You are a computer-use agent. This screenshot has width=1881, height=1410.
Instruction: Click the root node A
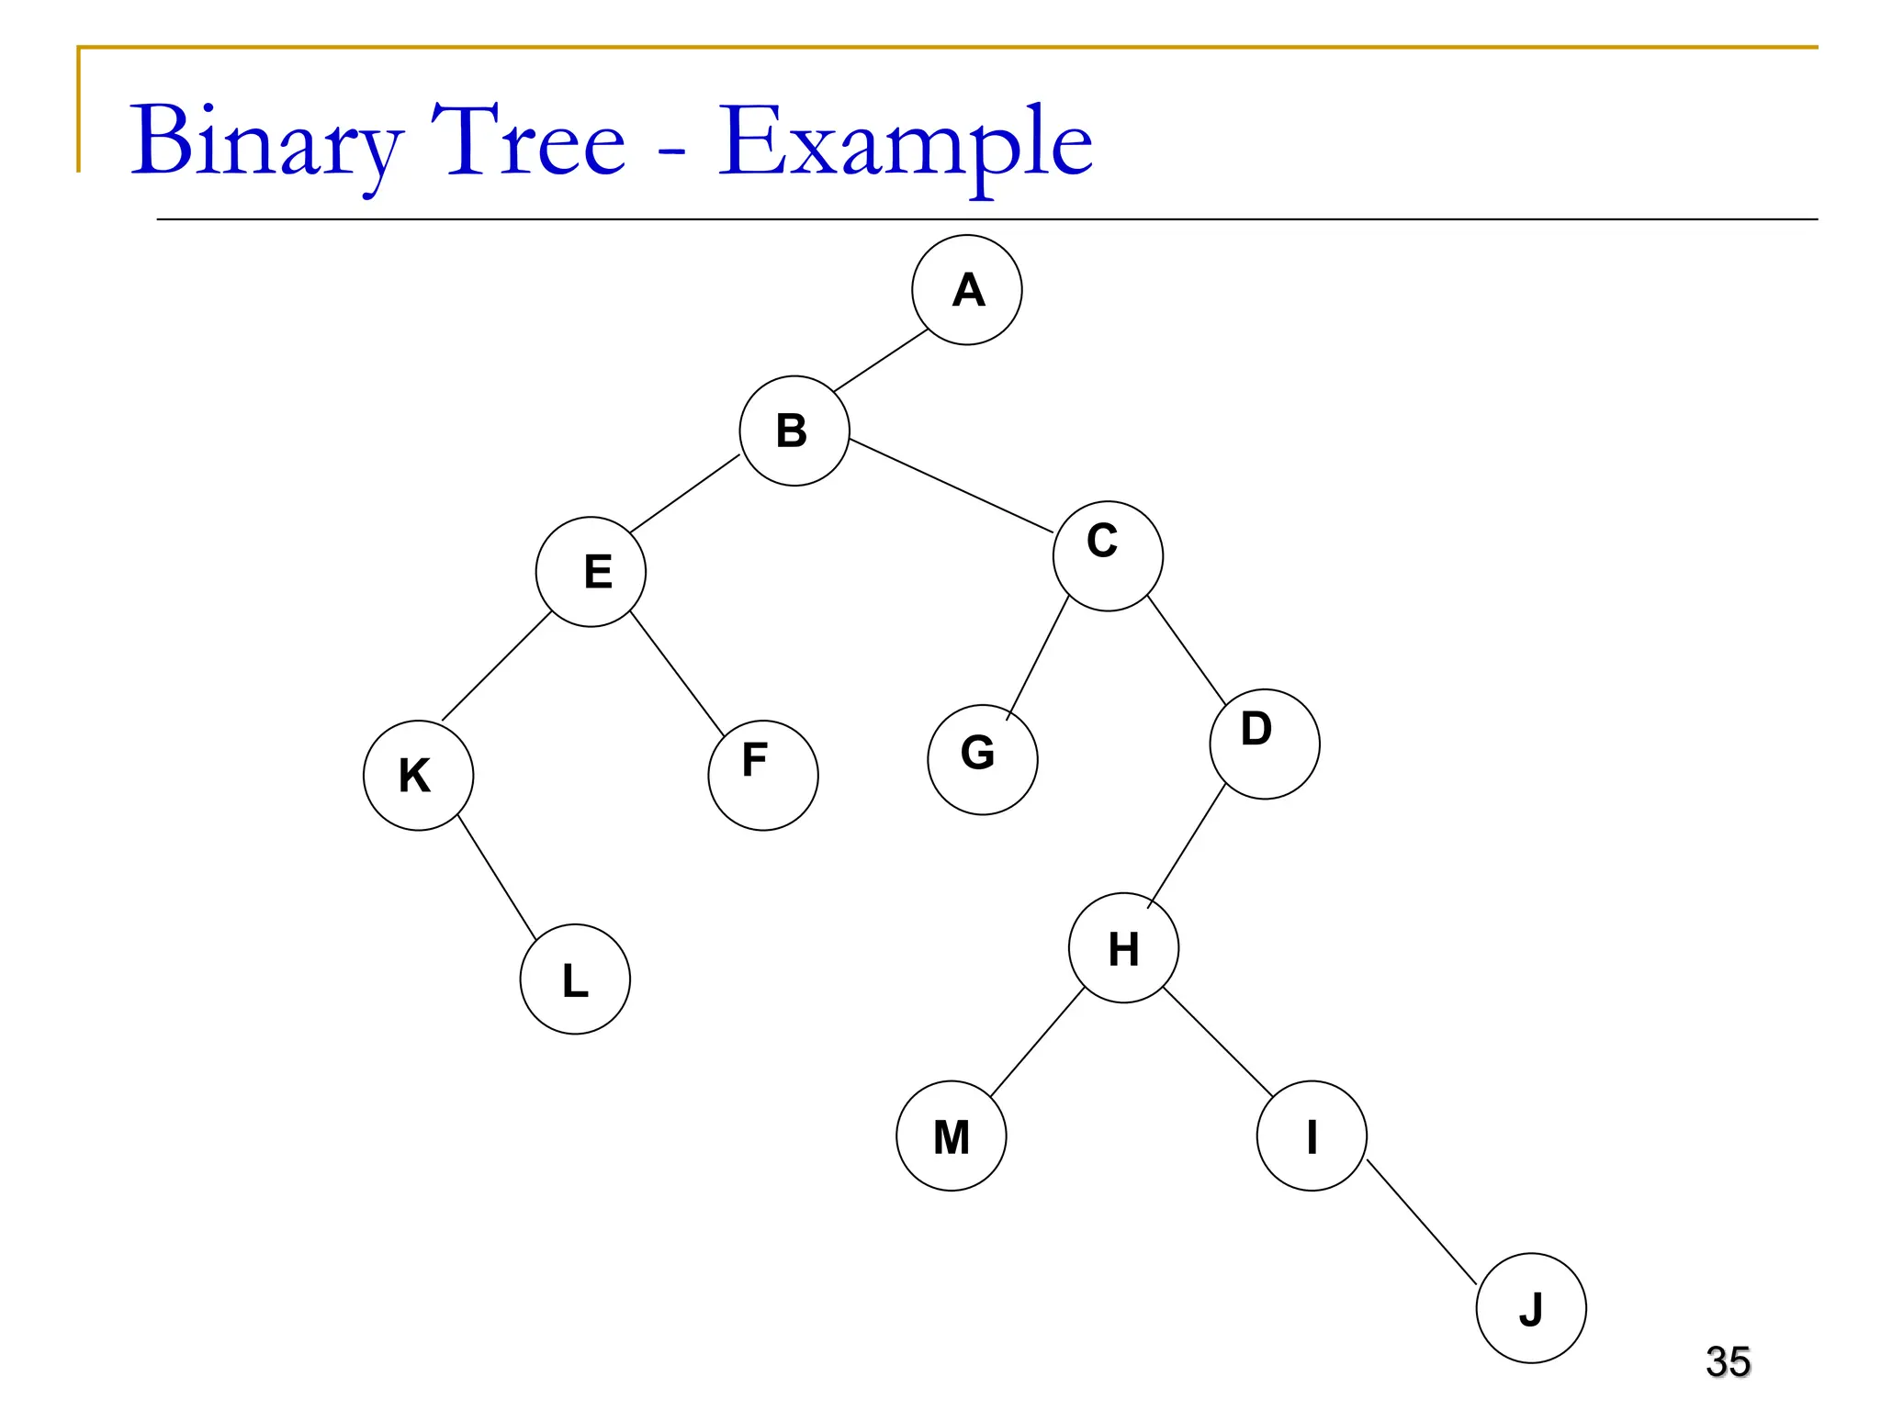966,290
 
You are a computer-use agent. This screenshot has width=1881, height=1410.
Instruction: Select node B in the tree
794,431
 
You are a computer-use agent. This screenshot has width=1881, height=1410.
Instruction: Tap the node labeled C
1108,555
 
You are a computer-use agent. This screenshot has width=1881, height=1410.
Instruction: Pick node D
1265,744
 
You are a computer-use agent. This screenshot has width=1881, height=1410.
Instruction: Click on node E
591,572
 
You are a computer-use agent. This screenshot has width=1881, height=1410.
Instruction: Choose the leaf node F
763,775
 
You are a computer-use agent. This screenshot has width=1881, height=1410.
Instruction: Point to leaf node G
983,759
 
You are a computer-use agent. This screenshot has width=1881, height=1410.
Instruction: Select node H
1123,947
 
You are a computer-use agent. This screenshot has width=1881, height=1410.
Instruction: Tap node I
1312,1136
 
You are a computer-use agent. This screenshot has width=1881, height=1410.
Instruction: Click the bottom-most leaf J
1531,1308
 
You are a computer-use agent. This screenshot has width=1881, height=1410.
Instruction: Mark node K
418,776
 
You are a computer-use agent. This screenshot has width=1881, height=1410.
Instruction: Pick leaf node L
575,979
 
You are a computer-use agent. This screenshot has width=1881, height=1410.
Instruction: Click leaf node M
952,1136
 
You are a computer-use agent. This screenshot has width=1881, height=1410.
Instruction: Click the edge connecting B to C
951,486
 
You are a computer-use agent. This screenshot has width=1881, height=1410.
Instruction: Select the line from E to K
497,666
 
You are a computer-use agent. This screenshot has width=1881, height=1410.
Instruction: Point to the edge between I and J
1422,1222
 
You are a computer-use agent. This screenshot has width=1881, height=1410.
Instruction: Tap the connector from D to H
1187,845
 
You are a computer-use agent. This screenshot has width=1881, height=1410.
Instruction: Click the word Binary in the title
266,142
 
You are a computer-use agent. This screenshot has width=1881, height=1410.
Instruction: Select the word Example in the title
905,142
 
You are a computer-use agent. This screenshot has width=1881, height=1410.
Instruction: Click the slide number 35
1728,1361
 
